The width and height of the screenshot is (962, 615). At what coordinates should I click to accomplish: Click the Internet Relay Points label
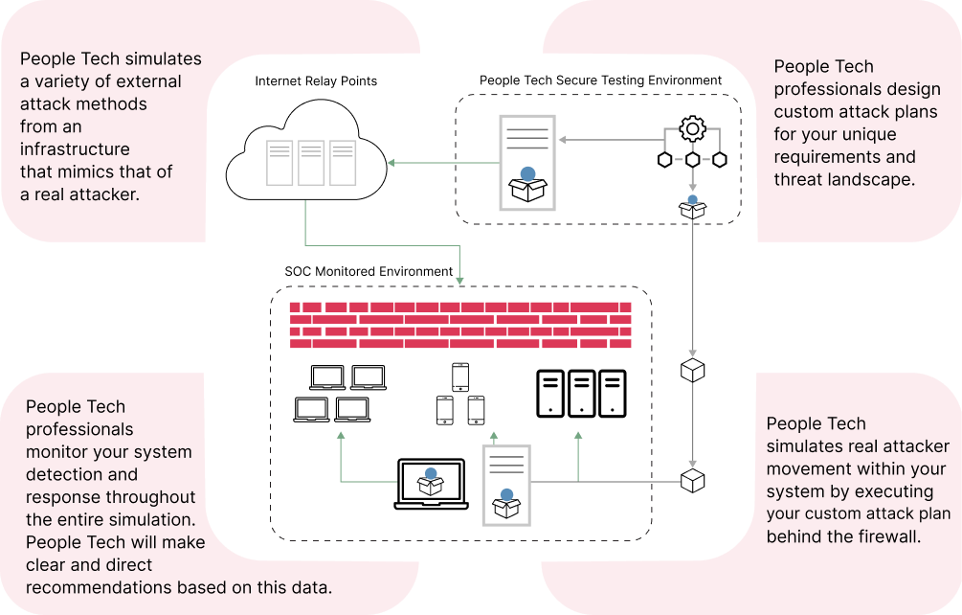pos(316,81)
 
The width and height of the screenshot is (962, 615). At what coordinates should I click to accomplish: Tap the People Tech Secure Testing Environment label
pos(600,80)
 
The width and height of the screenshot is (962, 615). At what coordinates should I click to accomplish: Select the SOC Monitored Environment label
pos(369,271)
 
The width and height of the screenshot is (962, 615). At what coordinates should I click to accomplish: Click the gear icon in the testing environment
pos(693,129)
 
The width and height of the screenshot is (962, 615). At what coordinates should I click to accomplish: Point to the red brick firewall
pos(460,326)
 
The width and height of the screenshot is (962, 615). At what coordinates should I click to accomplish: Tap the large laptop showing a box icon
pos(431,485)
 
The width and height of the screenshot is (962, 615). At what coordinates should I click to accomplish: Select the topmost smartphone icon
pos(460,376)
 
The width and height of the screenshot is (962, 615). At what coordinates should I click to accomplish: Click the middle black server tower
pos(581,394)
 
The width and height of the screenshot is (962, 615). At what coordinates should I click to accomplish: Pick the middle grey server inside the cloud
pos(311,163)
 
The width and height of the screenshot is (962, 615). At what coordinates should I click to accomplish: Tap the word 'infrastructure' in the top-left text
pos(75,149)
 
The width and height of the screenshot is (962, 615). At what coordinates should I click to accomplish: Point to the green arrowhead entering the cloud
pos(391,163)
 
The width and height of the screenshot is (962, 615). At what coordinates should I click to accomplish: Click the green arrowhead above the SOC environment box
pos(459,281)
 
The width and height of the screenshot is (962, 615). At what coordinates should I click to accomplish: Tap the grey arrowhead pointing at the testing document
pos(562,140)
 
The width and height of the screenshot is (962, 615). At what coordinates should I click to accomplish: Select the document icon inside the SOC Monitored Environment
pos(506,486)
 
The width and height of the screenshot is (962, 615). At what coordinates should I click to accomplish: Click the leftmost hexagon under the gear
pos(664,160)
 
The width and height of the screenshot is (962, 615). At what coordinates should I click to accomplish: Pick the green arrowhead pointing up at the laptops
pos(341,435)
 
